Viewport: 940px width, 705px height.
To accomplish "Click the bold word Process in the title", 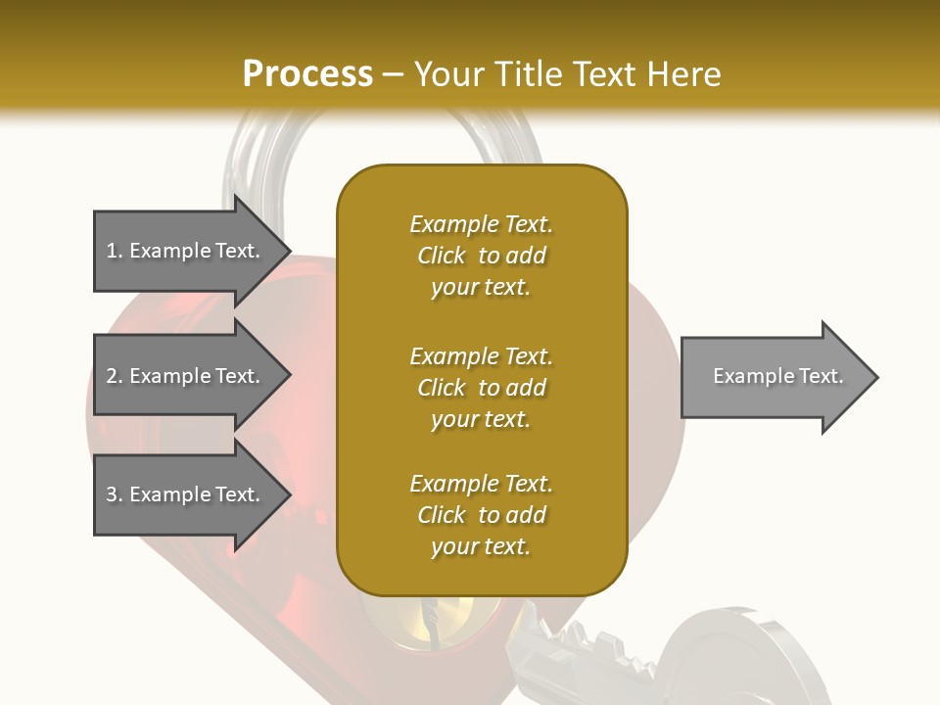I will pyautogui.click(x=307, y=73).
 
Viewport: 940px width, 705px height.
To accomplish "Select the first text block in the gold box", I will pyautogui.click(x=481, y=256).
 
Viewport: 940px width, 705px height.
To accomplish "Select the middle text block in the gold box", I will pyautogui.click(x=481, y=388).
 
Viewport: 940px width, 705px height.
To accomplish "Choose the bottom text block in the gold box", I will pyautogui.click(x=481, y=515).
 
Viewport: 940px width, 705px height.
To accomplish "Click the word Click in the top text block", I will pyautogui.click(x=442, y=256).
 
